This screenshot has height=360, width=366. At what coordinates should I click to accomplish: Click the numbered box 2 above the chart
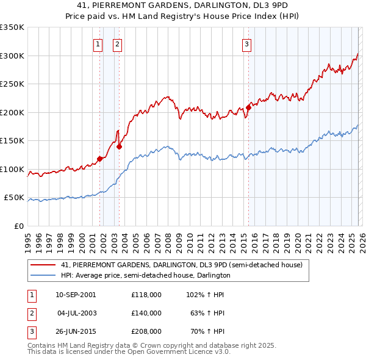(x=117, y=44)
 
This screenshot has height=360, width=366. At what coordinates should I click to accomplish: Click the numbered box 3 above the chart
(x=246, y=44)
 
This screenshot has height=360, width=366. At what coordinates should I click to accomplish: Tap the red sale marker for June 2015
(x=248, y=108)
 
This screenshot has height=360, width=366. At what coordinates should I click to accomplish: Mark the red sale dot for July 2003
(x=120, y=146)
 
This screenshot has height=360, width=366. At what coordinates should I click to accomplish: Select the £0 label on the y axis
(x=18, y=226)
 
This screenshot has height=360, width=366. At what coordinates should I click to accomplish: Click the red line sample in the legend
(x=43, y=265)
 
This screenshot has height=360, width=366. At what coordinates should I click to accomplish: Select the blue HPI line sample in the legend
(x=43, y=275)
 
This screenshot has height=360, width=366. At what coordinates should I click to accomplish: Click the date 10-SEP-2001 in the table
(x=76, y=294)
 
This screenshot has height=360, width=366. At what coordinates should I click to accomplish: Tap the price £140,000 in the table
(x=146, y=313)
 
